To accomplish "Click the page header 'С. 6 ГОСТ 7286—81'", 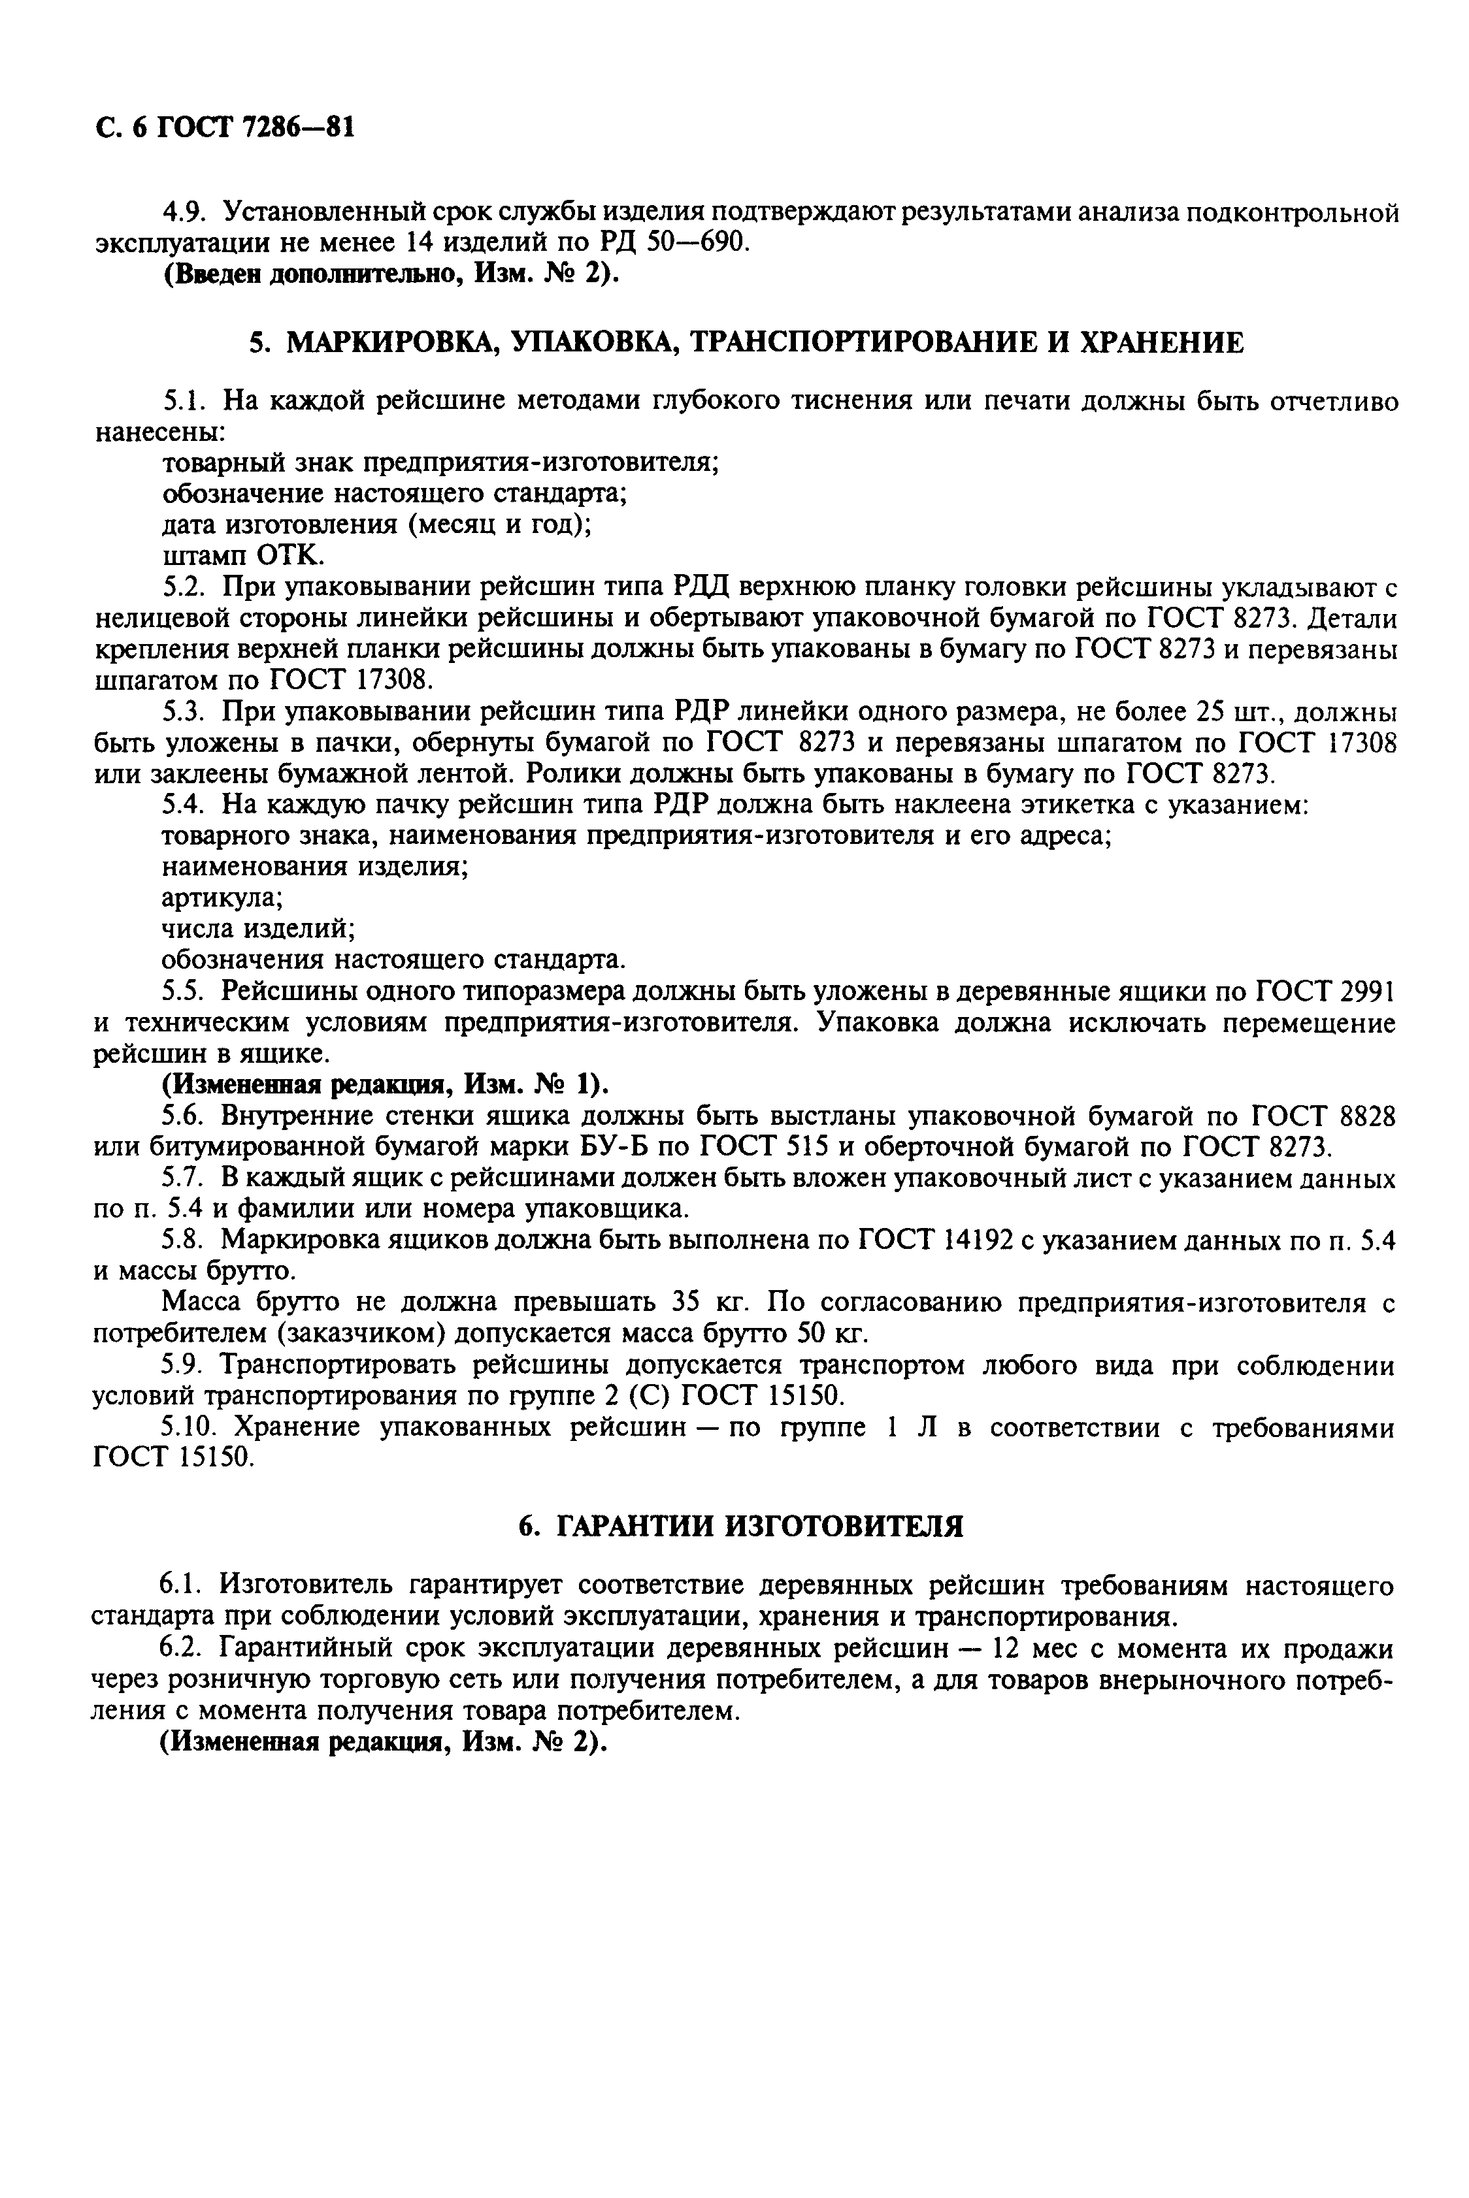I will point(225,127).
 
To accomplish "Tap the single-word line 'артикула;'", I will point(223,898).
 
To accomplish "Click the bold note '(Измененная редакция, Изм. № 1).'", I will point(385,1084).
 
